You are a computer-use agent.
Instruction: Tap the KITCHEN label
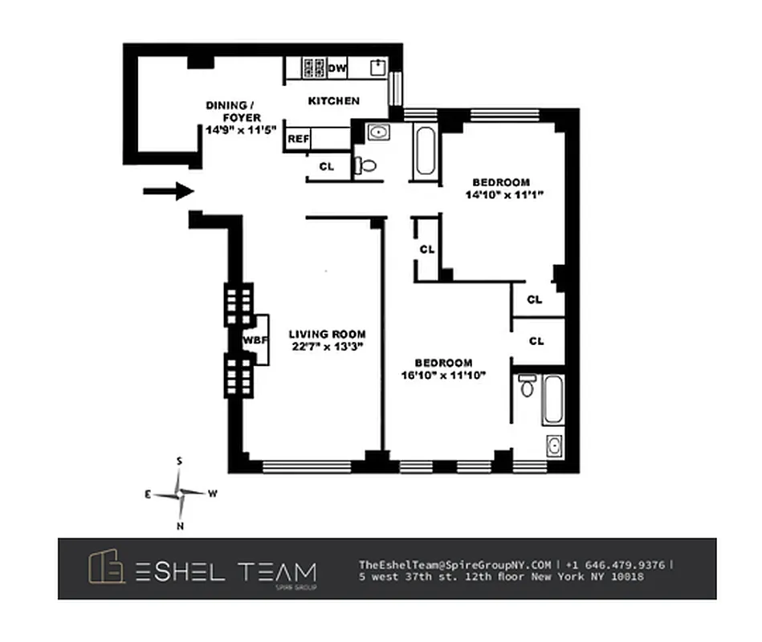[334, 101]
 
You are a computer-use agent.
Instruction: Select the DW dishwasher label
[337, 68]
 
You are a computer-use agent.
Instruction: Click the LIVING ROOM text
[327, 334]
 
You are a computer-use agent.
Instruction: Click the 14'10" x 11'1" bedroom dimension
[500, 194]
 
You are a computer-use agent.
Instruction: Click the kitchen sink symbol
[377, 67]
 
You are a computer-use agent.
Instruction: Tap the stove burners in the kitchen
[312, 68]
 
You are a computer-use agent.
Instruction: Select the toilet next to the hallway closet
[366, 165]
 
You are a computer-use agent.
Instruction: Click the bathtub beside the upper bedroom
[426, 152]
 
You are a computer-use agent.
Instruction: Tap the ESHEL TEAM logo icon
[107, 568]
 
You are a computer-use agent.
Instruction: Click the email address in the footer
[454, 564]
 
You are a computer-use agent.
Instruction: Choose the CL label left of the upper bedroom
[426, 250]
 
